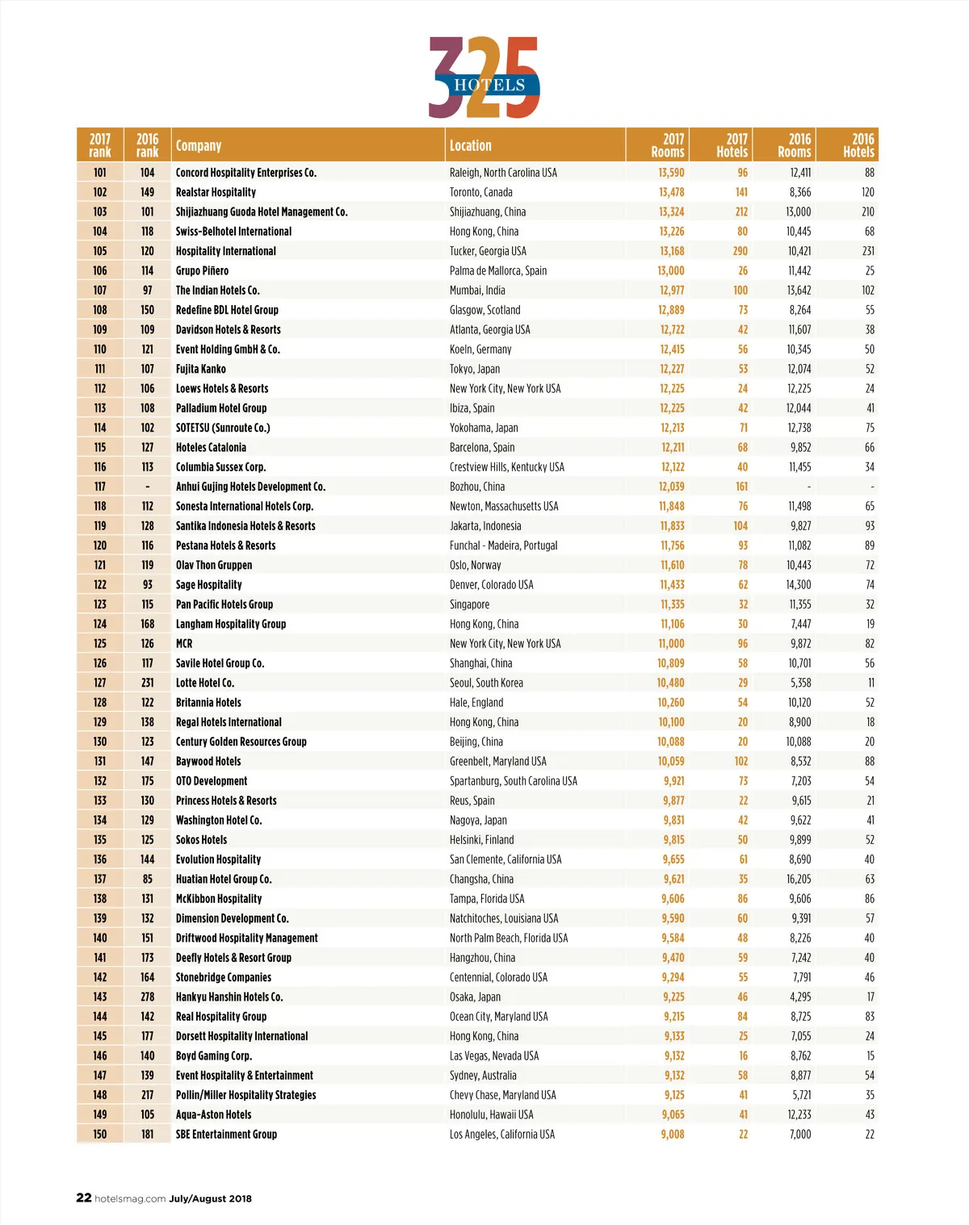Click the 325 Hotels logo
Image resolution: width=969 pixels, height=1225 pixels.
(x=484, y=78)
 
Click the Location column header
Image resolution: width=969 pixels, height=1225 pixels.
(x=471, y=146)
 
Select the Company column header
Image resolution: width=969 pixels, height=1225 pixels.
(x=199, y=146)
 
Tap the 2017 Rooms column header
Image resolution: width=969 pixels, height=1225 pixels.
(x=669, y=145)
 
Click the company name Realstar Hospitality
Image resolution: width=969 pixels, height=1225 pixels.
(x=216, y=192)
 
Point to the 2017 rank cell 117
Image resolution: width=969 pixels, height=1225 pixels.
(x=100, y=487)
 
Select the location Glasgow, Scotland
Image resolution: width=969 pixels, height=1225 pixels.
(x=485, y=310)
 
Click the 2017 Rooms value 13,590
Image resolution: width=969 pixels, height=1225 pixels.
(x=671, y=173)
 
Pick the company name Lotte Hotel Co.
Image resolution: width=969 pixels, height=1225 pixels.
(x=205, y=683)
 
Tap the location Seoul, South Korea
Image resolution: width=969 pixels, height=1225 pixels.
(x=486, y=683)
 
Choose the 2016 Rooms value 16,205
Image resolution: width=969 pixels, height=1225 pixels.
(x=799, y=879)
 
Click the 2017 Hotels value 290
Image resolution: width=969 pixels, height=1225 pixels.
(x=740, y=251)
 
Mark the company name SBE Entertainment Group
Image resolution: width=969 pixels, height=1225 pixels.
(x=226, y=1135)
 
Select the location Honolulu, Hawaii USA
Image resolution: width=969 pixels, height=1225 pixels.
(x=492, y=1114)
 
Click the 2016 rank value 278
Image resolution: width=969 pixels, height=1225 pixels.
(x=148, y=997)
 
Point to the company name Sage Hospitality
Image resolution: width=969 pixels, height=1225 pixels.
(x=209, y=585)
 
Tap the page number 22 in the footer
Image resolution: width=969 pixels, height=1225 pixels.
(x=84, y=1198)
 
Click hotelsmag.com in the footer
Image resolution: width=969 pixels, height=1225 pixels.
(x=130, y=1198)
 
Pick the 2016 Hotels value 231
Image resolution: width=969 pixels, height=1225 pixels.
(x=868, y=251)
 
